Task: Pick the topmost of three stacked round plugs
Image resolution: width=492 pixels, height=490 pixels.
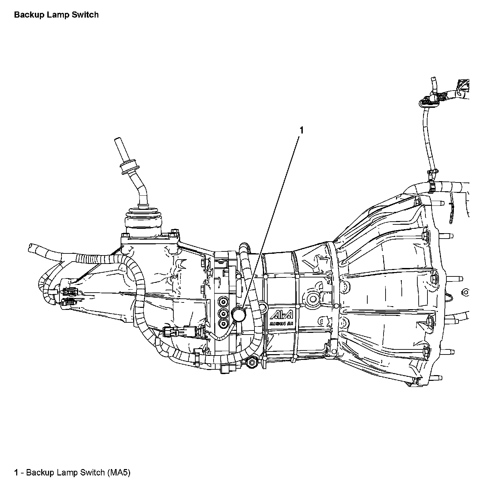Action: (223, 301)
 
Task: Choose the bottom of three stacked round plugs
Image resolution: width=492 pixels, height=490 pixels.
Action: (223, 324)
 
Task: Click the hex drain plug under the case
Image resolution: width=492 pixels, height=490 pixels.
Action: (252, 362)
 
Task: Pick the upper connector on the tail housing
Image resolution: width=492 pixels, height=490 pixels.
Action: (69, 291)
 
